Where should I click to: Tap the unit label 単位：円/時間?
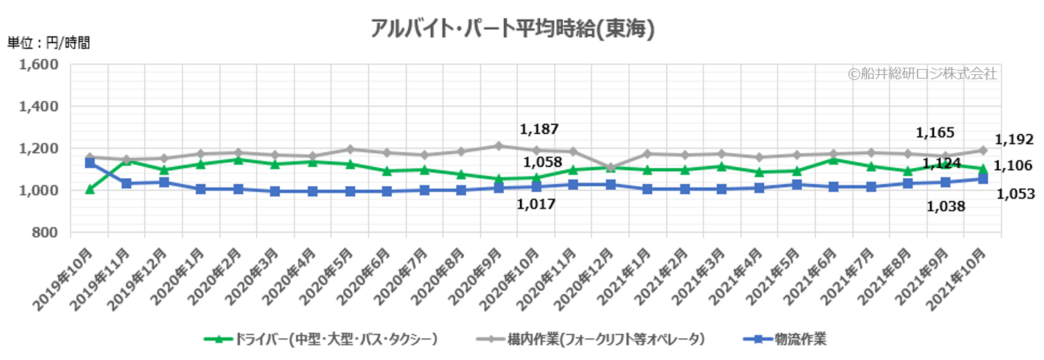[x=49, y=42]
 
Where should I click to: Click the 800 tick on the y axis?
[x=45, y=233]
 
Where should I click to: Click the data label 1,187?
[x=539, y=129]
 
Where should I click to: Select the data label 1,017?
[x=536, y=204]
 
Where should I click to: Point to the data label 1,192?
[x=1013, y=139]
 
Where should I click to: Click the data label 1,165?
[x=935, y=133]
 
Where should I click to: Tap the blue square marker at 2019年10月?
[x=89, y=163]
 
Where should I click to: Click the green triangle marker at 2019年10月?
[x=89, y=189]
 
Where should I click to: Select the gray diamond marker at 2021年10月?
[x=982, y=151]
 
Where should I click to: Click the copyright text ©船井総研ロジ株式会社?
[x=923, y=73]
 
